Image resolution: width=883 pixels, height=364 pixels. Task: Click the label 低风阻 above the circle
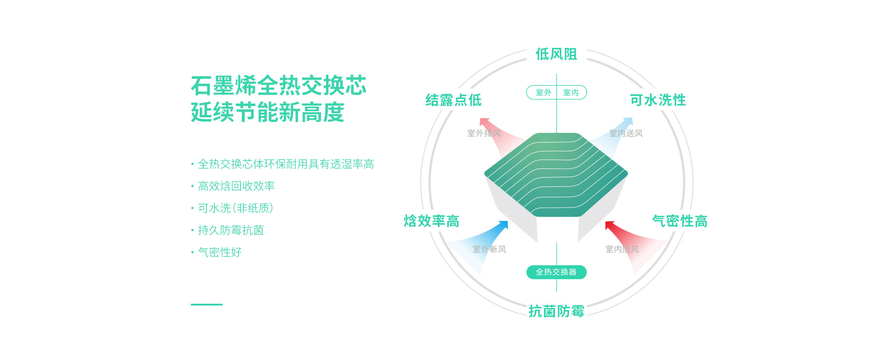[556, 54]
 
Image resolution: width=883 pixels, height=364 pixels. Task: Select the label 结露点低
[453, 100]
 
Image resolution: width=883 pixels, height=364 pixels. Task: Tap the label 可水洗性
[658, 100]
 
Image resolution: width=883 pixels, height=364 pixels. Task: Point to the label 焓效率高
[431, 221]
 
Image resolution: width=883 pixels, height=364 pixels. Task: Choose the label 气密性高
[680, 221]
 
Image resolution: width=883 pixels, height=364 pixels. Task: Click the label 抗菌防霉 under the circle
[556, 312]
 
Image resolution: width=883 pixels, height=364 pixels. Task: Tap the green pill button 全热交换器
[556, 272]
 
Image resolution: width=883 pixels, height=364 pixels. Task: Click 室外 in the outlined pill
[544, 92]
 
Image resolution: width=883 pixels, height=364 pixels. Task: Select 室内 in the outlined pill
[571, 92]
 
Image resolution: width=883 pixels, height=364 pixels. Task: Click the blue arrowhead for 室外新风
[504, 225]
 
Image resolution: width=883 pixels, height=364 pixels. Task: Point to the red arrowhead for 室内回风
[609, 225]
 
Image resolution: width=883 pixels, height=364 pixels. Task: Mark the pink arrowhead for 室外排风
[484, 121]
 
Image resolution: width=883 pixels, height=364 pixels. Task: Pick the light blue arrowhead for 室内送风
[629, 121]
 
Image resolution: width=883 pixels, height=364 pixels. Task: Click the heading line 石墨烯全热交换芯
[279, 86]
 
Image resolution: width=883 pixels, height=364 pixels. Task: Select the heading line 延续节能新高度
[268, 113]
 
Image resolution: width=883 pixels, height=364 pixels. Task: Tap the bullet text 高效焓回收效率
[236, 186]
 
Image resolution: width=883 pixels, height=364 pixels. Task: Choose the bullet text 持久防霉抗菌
[230, 231]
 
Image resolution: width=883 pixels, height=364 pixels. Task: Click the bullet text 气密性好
[219, 253]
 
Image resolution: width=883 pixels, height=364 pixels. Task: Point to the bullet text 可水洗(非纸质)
[235, 208]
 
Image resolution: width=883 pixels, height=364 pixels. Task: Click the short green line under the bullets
[206, 305]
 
